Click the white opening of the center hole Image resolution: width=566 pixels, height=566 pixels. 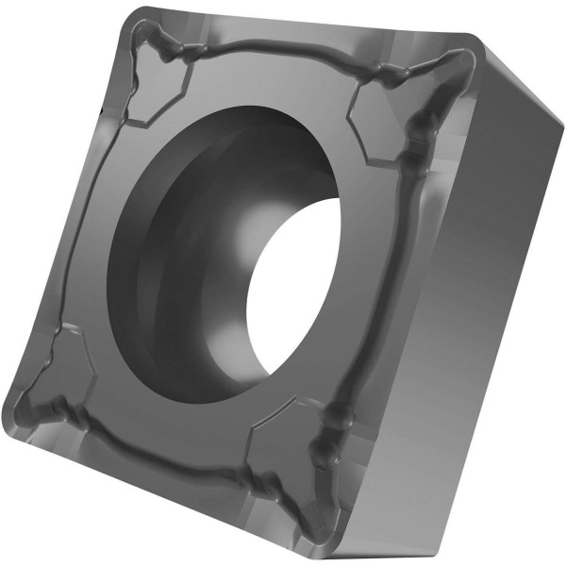(297, 283)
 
